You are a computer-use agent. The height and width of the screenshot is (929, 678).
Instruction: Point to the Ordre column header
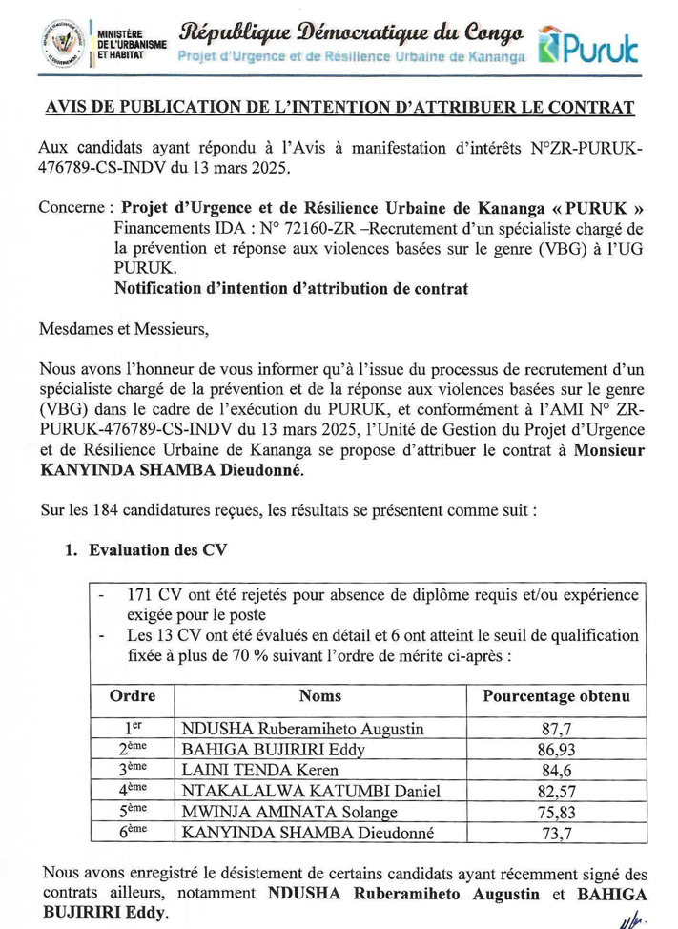coord(133,697)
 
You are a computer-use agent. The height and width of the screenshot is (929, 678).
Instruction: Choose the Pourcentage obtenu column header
coord(556,697)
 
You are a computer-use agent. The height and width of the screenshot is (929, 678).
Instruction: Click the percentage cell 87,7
coord(555,730)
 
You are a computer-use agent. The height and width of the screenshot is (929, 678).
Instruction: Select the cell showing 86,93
coord(555,751)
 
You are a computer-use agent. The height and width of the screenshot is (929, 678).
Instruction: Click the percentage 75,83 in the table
coord(555,812)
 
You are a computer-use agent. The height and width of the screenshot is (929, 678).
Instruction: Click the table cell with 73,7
coord(555,833)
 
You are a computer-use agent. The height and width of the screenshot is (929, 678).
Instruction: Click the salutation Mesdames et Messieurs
coord(122,330)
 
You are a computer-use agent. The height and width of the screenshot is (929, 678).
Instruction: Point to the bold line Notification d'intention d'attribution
coord(291,289)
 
